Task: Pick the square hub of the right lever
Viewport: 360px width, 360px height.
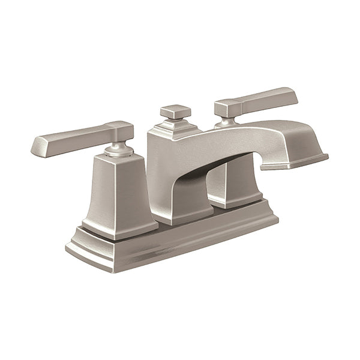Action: coord(225,108)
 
